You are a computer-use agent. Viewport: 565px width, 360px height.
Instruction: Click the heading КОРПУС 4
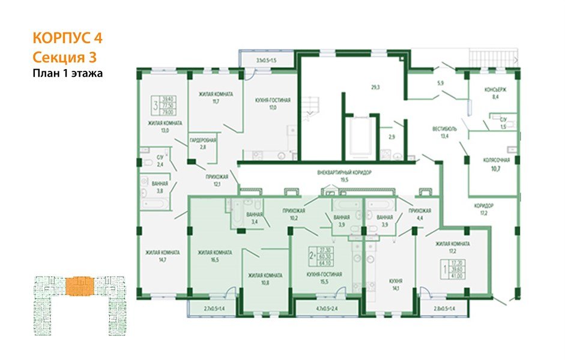[67, 38]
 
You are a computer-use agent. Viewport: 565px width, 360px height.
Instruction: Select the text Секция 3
[63, 58]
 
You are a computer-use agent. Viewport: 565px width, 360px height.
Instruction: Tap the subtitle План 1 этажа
[68, 74]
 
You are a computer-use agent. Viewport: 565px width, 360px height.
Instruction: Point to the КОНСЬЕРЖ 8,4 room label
[496, 94]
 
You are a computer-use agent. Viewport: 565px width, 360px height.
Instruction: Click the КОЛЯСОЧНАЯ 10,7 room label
[497, 165]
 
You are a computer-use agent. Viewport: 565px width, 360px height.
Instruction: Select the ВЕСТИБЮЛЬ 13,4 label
[445, 133]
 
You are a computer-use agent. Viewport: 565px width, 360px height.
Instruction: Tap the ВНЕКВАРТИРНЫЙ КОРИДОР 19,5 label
[345, 176]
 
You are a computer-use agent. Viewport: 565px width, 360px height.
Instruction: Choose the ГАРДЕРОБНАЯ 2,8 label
[203, 143]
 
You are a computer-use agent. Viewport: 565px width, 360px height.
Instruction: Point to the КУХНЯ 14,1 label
[394, 284]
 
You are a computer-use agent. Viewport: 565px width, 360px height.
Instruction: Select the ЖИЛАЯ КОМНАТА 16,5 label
[214, 257]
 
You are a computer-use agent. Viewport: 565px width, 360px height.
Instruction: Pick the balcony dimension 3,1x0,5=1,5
[266, 61]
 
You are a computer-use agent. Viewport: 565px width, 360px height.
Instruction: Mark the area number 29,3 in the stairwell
[375, 88]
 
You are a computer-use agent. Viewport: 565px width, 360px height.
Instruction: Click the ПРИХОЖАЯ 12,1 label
[217, 180]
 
